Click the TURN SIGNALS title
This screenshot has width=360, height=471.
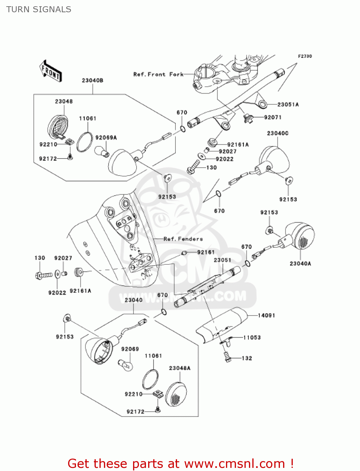(x=39, y=9)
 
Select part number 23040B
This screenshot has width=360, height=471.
(x=93, y=81)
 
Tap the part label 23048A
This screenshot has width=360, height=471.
(x=180, y=368)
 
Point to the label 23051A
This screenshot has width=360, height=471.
(x=288, y=105)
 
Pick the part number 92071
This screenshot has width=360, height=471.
(x=273, y=117)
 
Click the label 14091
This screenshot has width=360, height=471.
(x=266, y=315)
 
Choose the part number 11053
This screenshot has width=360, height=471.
(x=252, y=338)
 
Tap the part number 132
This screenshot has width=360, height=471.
(x=247, y=358)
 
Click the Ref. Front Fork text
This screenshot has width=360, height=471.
(x=158, y=74)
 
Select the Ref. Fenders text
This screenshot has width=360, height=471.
(x=183, y=239)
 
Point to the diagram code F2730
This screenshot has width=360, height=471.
(x=305, y=56)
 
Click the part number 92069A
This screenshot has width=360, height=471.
(x=106, y=138)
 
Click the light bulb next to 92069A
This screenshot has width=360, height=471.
(x=102, y=151)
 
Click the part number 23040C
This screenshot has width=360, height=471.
(x=277, y=133)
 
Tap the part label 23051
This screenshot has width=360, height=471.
(x=223, y=260)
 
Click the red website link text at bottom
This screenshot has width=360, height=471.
(x=180, y=463)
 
